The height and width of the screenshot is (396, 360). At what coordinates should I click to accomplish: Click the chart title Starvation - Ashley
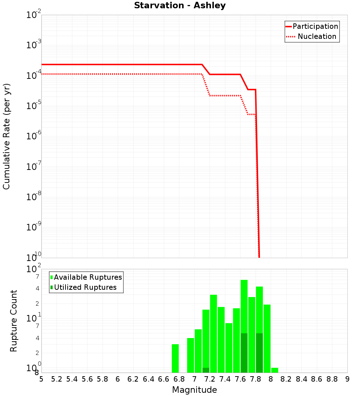click(x=180, y=6)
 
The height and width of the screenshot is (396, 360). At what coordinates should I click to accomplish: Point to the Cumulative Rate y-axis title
click(x=6, y=136)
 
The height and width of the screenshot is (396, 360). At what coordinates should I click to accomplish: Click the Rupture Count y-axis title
click(x=14, y=321)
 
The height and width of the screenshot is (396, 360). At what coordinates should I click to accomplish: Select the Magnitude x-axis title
click(x=194, y=390)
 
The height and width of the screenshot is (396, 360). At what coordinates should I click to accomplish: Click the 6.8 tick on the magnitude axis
click(x=179, y=379)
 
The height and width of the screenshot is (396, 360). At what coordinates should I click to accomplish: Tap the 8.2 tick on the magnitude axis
click(x=286, y=379)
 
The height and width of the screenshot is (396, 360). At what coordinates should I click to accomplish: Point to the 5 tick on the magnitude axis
click(x=41, y=379)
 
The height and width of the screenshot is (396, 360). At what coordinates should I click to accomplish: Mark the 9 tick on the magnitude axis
click(x=347, y=379)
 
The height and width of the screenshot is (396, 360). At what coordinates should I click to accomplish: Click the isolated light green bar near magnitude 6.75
click(x=175, y=358)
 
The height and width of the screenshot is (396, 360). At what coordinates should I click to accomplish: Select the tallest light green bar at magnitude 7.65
click(x=244, y=306)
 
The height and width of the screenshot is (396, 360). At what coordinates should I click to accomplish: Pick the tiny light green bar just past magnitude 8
click(x=275, y=370)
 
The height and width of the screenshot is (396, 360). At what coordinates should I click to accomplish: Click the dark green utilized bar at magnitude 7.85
click(x=259, y=353)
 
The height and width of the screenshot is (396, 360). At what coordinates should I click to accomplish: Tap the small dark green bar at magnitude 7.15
click(x=206, y=370)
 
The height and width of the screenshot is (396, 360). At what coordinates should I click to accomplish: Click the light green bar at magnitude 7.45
click(x=229, y=348)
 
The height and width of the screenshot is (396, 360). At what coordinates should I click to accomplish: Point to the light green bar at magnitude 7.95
click(x=267, y=338)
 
